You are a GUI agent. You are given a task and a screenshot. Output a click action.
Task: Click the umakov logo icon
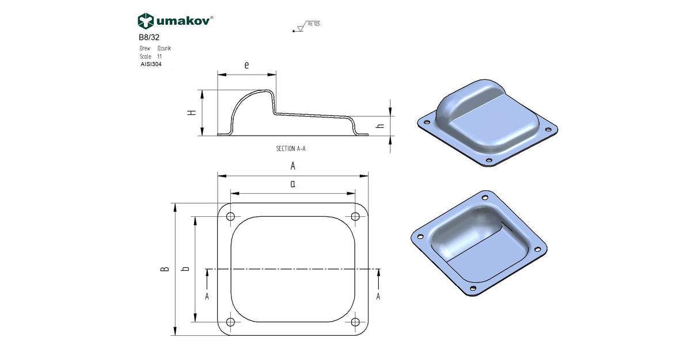pos(146,21)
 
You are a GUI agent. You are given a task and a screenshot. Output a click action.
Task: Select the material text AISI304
pos(151,65)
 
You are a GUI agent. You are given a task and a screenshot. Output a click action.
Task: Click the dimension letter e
pos(246,66)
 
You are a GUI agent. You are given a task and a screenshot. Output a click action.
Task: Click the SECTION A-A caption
pos(291,148)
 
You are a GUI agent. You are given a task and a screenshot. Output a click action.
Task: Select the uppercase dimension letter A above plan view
pos(292,166)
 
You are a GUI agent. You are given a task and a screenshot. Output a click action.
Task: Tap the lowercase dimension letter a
pos(292,185)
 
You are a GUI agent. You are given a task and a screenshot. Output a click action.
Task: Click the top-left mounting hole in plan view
pos(230,217)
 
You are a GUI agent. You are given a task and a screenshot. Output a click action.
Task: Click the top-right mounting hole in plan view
pos(355,217)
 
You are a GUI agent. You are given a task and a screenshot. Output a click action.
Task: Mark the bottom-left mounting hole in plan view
pos(230,323)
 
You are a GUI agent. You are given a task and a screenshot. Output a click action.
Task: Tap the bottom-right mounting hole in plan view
pos(355,323)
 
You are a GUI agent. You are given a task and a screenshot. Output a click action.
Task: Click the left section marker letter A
pos(207,296)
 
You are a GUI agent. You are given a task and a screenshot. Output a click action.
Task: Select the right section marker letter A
pos(378,296)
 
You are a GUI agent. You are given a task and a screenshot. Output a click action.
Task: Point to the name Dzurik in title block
pos(164,49)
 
